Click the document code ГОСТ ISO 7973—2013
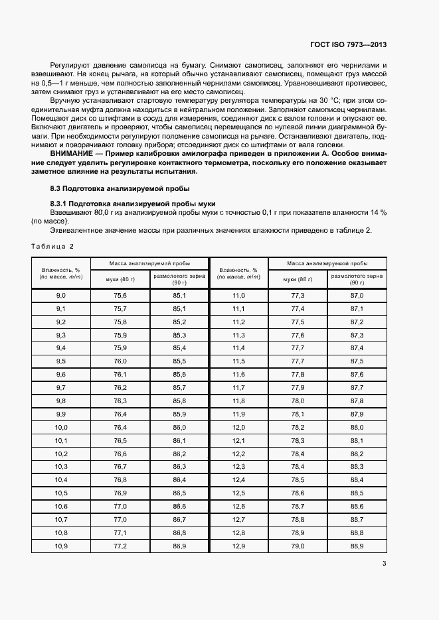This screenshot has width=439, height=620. [x=348, y=45]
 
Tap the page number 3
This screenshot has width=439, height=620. [x=385, y=564]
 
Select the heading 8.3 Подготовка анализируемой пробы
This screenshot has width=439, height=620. [x=110, y=188]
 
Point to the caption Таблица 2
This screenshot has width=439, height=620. [x=52, y=246]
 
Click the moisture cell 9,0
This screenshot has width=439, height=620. [x=61, y=295]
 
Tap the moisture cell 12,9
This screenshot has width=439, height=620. [x=239, y=546]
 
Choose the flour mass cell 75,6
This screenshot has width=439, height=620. [x=120, y=295]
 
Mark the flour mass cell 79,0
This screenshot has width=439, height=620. [x=298, y=546]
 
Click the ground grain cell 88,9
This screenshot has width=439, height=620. [x=357, y=546]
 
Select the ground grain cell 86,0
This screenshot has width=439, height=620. [x=179, y=427]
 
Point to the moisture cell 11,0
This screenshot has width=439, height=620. [x=239, y=295]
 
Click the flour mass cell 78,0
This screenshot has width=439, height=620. [x=298, y=401]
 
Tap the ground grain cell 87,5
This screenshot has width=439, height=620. [x=357, y=361]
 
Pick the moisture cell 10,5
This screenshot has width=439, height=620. [x=61, y=493]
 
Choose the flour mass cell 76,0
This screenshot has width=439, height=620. [x=120, y=361]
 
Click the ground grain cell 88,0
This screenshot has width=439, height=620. [x=357, y=427]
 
